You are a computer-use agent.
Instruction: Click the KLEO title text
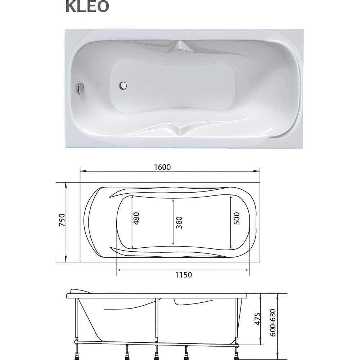(87, 6)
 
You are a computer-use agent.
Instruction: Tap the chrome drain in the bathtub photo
(123, 85)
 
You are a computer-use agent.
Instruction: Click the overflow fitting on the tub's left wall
(80, 88)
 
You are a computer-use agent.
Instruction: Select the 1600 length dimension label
(162, 167)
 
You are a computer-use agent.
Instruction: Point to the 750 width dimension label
(62, 220)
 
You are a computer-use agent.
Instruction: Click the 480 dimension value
(136, 219)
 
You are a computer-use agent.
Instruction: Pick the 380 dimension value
(179, 222)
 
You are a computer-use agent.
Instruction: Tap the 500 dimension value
(236, 219)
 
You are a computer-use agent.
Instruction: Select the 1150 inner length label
(184, 275)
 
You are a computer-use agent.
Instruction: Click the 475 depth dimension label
(258, 319)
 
